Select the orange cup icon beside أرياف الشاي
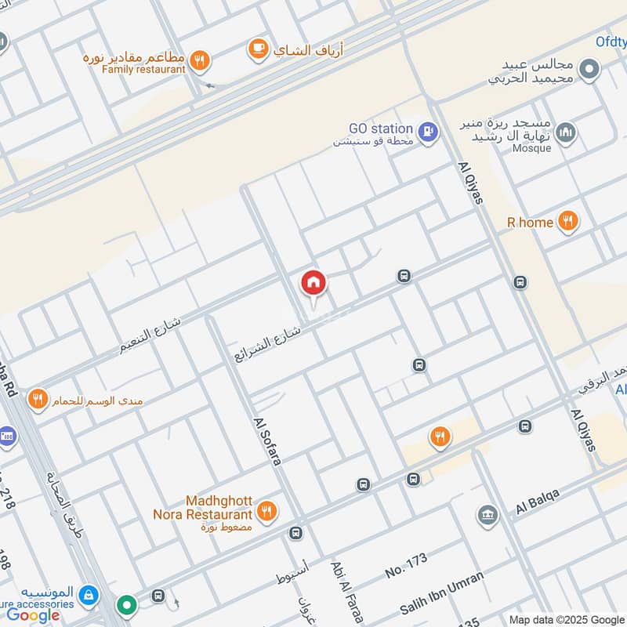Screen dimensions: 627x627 point(256,49)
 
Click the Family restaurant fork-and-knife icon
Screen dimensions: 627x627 point(201,60)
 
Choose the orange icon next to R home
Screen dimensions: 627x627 point(569,223)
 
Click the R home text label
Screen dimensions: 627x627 point(531,223)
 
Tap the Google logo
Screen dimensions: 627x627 point(33,615)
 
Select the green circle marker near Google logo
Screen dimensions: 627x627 point(126,605)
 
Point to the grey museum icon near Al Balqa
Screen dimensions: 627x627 point(487,516)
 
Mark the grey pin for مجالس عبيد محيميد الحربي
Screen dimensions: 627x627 point(589,71)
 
